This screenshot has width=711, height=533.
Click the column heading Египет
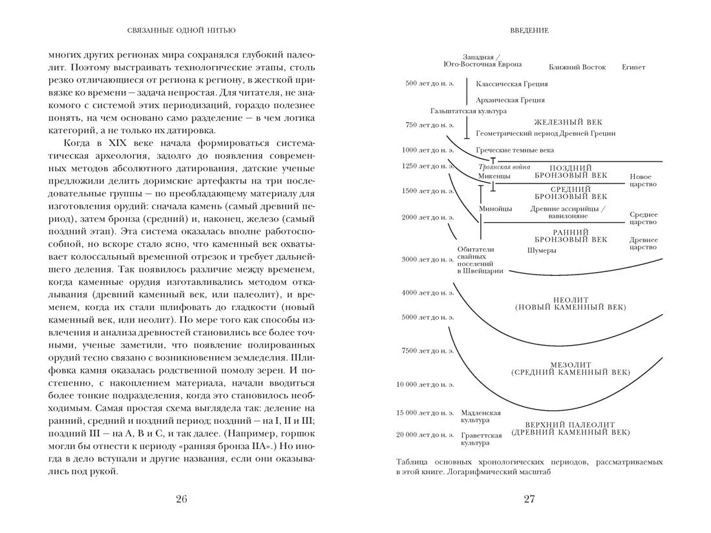click(633, 67)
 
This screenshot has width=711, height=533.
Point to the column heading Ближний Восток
click(577, 67)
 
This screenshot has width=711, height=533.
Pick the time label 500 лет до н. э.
click(430, 84)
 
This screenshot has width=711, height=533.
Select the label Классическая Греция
click(511, 84)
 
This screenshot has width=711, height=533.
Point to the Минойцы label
click(495, 209)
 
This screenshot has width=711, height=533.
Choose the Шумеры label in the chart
click(542, 251)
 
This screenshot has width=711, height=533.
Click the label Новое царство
click(643, 180)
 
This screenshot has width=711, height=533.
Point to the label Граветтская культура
click(481, 439)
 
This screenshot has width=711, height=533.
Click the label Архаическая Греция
click(509, 100)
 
